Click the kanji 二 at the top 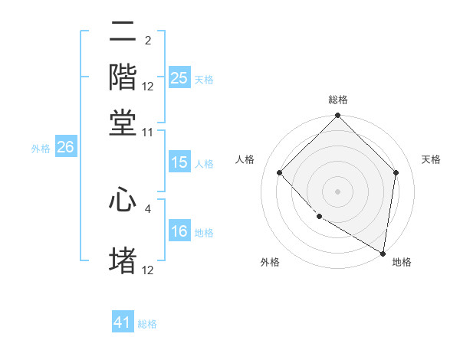tap(123, 33)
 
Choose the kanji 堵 tap(123, 260)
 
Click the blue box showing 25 tap(179, 78)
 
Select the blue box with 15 tap(179, 162)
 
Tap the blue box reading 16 tap(179, 231)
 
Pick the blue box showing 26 tap(65, 148)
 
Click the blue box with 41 tap(123, 322)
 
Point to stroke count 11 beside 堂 tap(148, 133)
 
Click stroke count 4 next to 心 tap(148, 208)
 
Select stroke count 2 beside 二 tap(148, 41)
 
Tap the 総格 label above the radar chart tap(337, 100)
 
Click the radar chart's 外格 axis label tap(270, 262)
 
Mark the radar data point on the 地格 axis tap(383, 253)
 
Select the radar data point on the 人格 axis tap(280, 172)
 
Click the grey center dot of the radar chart tap(337, 191)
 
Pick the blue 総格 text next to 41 tap(147, 324)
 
